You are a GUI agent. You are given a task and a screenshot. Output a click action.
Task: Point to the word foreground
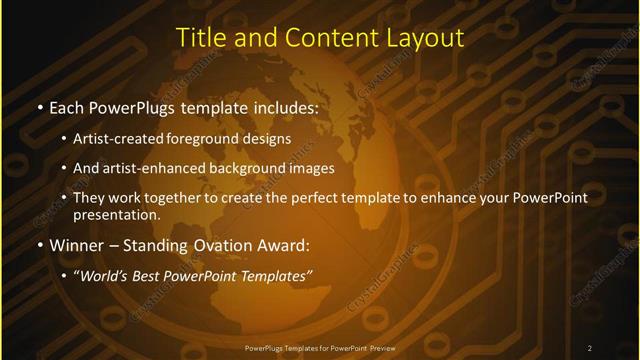click(x=214, y=139)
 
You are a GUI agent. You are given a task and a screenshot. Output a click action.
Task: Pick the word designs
click(x=270, y=139)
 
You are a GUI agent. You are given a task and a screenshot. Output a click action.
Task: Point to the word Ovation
click(x=209, y=244)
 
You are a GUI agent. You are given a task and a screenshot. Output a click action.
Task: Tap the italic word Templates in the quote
click(x=276, y=274)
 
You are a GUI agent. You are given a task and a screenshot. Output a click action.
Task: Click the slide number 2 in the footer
click(x=590, y=347)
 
